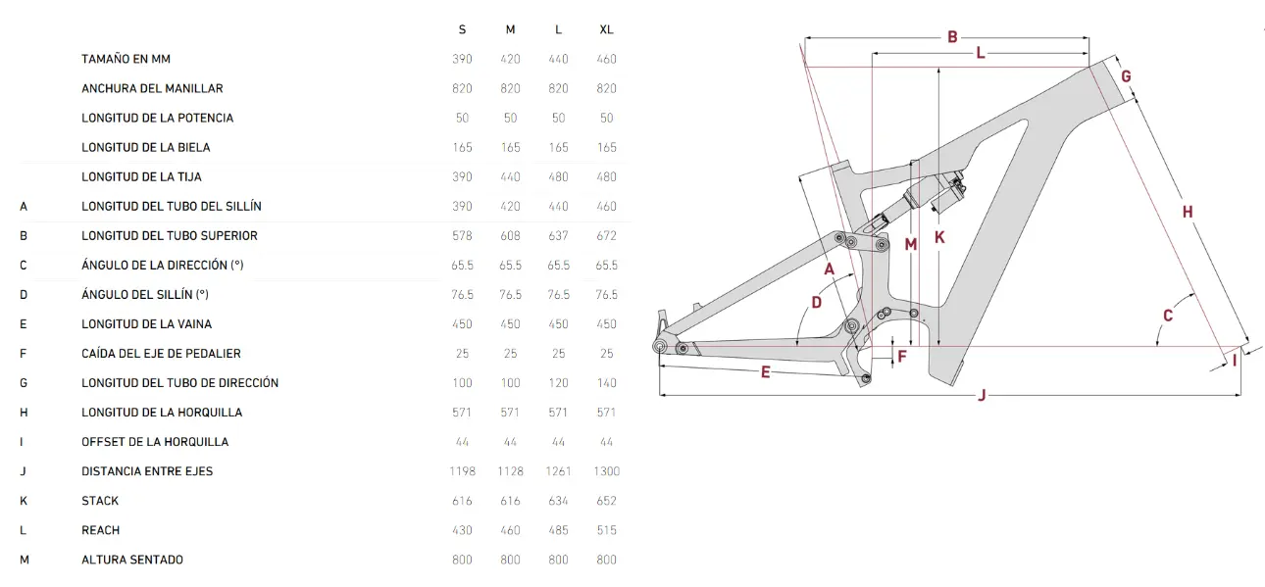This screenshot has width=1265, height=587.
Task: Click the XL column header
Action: (x=606, y=29)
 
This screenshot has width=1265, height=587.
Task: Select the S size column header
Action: (x=462, y=29)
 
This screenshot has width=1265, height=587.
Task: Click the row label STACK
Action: (x=100, y=501)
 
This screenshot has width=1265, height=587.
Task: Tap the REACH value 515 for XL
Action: (x=606, y=530)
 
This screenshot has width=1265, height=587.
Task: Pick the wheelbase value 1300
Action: (x=606, y=471)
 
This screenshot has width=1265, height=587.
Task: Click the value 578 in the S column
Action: (x=462, y=236)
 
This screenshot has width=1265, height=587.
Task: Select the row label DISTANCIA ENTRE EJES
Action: (x=147, y=471)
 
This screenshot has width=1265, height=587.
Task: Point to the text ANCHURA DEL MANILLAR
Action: (x=152, y=88)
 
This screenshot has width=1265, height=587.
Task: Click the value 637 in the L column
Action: (x=558, y=236)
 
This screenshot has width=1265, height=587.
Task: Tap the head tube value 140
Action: (x=606, y=383)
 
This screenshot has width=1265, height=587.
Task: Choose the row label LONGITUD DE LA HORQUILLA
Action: (x=162, y=413)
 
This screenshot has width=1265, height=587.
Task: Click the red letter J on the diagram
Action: (x=982, y=396)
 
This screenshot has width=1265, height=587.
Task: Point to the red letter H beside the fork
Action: (x=1188, y=212)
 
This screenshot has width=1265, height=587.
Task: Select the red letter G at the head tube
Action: (x=1126, y=76)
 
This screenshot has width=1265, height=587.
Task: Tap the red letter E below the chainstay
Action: (x=765, y=372)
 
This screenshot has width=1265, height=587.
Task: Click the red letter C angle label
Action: (x=1168, y=316)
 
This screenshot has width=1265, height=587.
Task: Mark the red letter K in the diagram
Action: (x=939, y=237)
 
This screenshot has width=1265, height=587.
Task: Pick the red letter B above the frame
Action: (x=952, y=37)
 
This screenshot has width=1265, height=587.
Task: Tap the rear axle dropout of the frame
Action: (x=660, y=344)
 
